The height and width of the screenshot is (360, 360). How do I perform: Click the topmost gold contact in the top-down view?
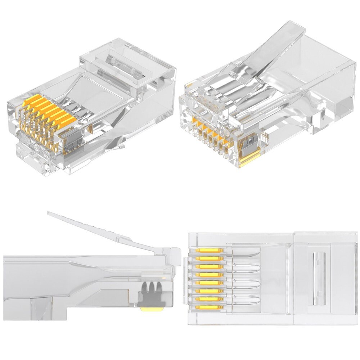210,250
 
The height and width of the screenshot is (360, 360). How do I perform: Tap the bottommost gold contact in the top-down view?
210,307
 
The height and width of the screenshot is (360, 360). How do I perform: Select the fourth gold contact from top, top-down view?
210,275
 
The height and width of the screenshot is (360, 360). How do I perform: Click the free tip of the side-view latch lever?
49,213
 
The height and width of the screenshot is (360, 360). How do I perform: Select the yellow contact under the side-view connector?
151,309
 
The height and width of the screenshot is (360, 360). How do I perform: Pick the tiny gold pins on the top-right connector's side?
265,137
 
